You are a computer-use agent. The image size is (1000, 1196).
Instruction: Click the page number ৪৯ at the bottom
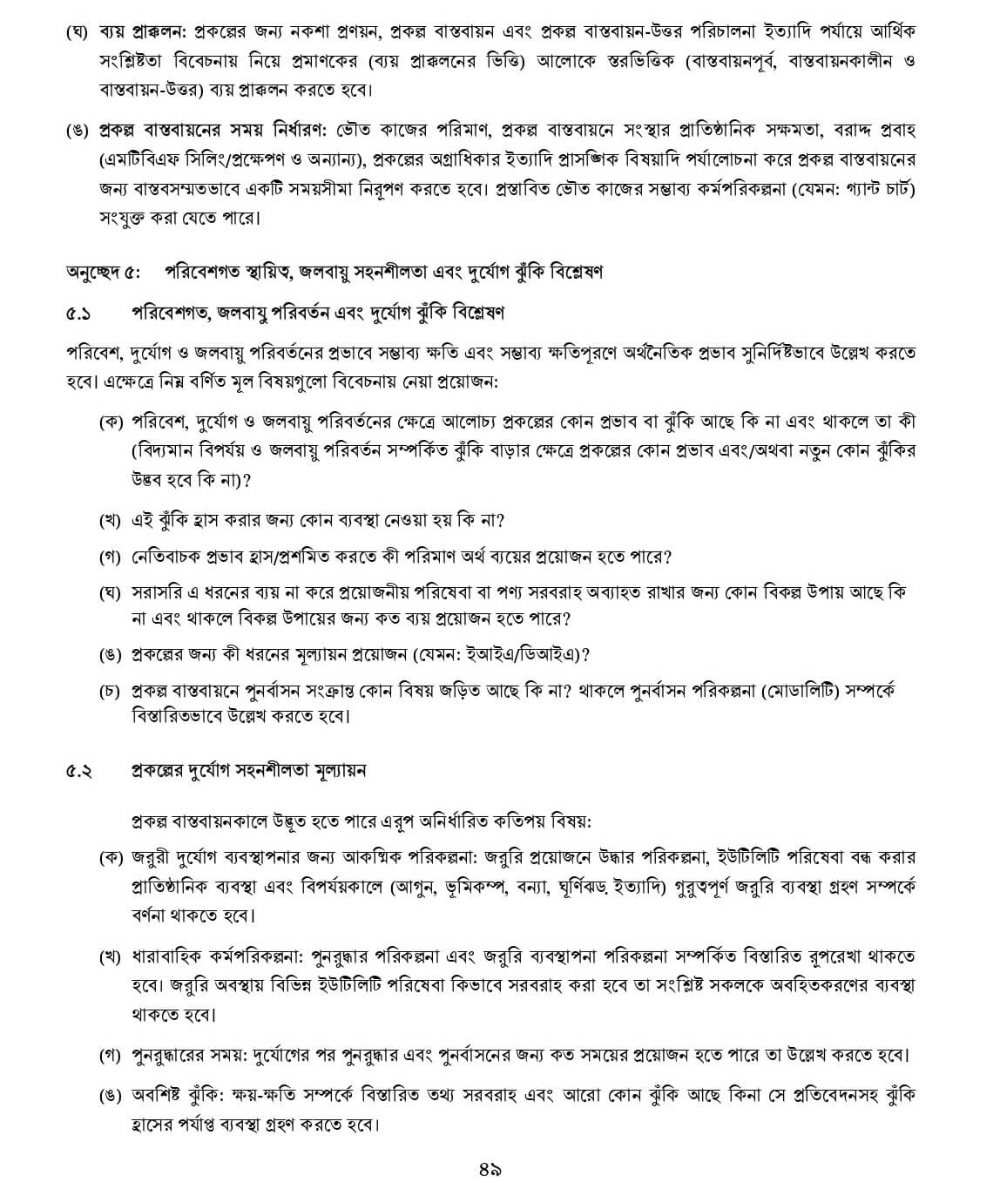click(x=490, y=1169)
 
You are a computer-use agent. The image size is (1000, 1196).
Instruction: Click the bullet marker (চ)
click(x=109, y=692)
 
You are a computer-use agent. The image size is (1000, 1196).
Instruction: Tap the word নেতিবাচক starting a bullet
click(x=164, y=556)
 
